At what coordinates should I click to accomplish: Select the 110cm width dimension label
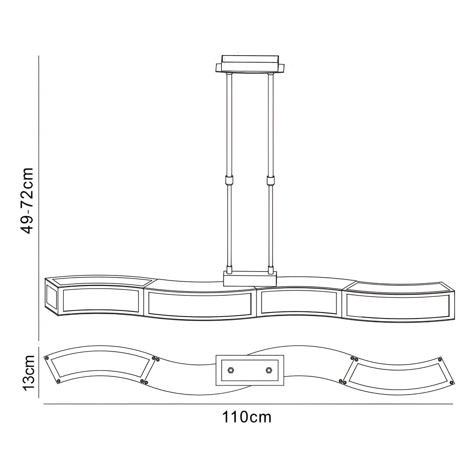tap(247, 417)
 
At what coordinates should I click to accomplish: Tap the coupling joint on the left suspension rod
tap(229, 181)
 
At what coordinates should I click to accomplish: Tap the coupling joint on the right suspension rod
tap(270, 181)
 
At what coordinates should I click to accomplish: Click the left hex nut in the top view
tap(231, 370)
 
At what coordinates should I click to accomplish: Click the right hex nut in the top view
tap(268, 370)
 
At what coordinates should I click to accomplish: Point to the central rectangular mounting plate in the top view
tap(250, 370)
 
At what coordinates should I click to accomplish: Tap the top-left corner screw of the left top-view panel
tap(47, 358)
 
